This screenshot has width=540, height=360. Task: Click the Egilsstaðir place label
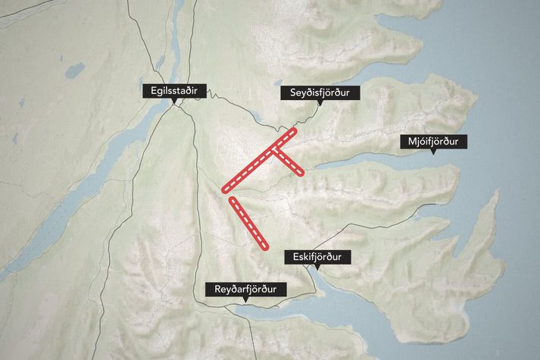175,91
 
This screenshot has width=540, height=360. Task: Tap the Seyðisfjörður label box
320,93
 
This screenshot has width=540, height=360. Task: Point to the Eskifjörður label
317,258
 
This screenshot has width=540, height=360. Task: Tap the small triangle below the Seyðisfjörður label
320,105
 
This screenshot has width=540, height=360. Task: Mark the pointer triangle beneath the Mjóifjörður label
433,153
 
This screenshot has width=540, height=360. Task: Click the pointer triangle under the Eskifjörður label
317,269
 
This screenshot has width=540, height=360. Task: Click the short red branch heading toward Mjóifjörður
288,161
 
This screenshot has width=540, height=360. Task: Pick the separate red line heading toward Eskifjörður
249,223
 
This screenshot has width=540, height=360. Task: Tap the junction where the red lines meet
273,149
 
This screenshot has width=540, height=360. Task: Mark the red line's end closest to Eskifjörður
266,246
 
